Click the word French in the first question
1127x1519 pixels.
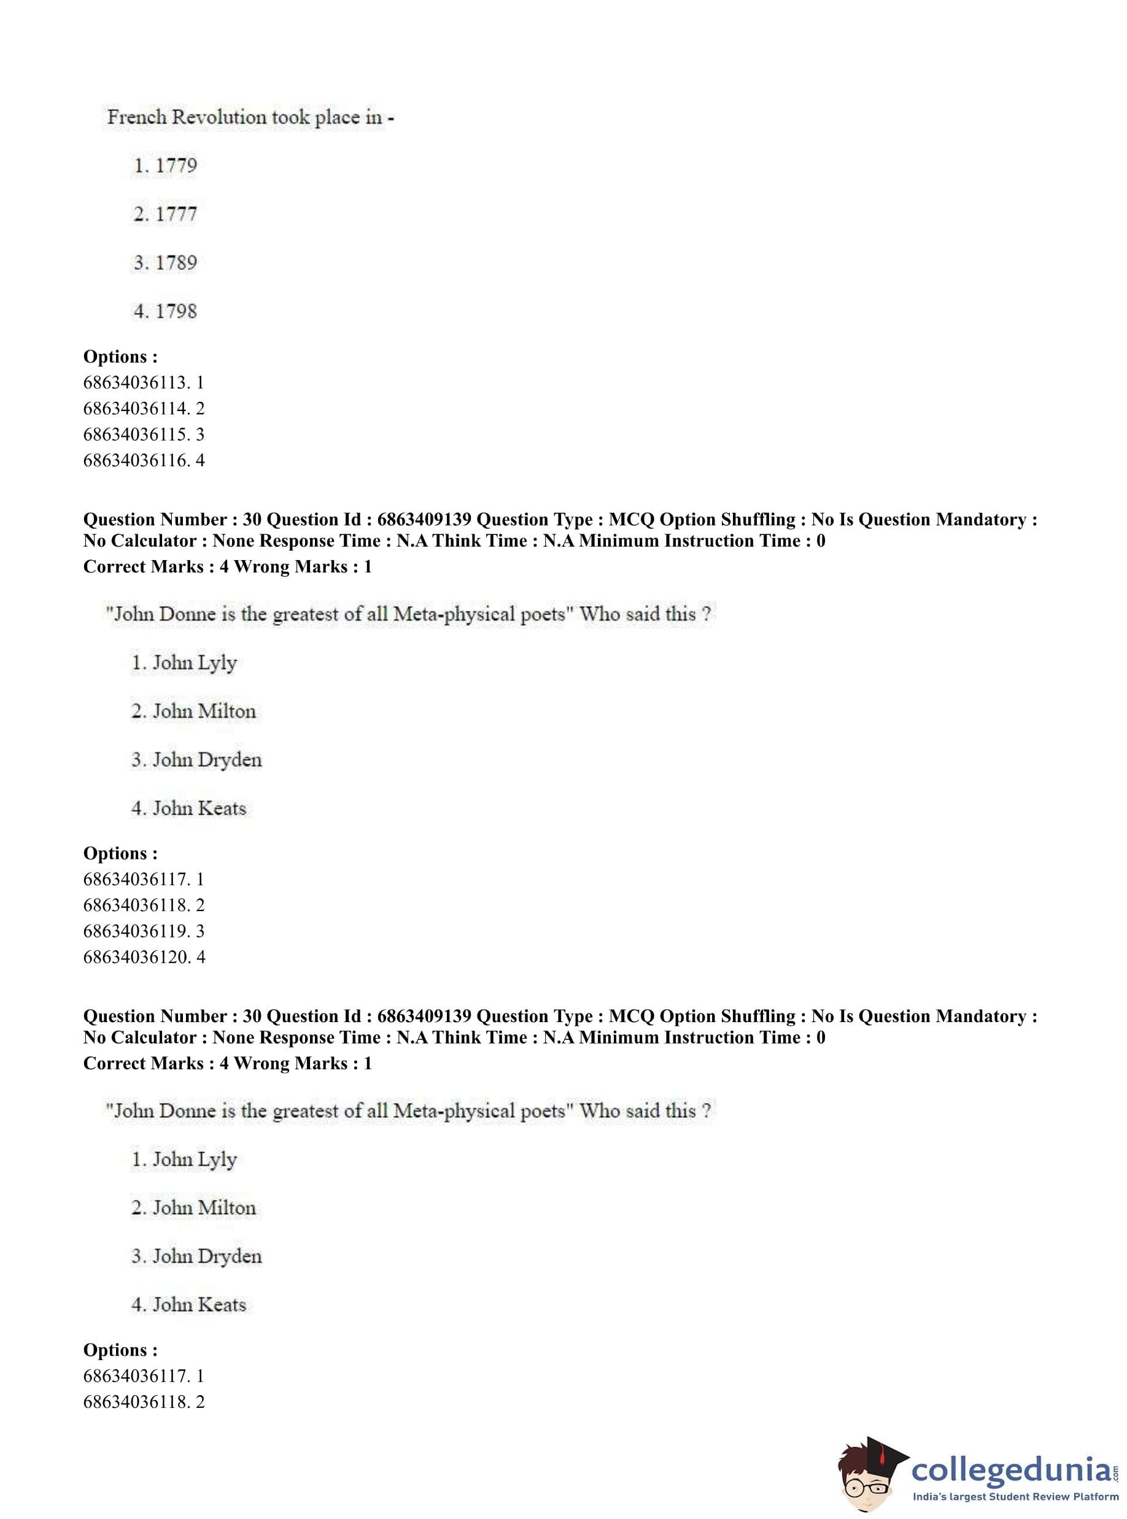click(136, 117)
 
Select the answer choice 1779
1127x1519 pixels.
click(176, 166)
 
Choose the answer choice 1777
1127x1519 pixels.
click(176, 214)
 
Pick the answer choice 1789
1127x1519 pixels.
click(176, 263)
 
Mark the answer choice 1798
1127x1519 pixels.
click(176, 312)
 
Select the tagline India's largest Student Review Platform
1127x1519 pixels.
click(1015, 1497)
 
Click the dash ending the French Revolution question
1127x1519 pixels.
click(391, 118)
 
